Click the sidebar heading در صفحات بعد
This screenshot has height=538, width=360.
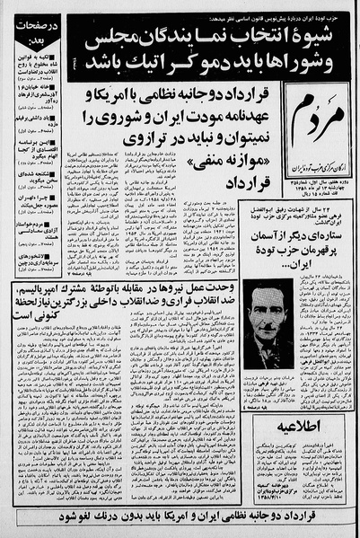pyautogui.click(x=24, y=34)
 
